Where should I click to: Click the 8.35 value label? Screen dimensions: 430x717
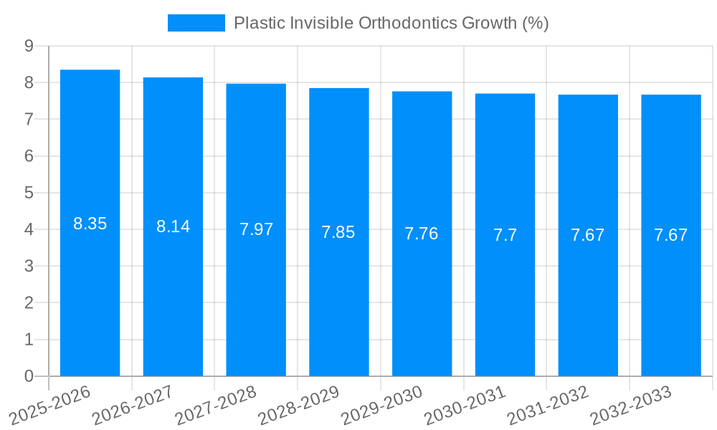(90, 224)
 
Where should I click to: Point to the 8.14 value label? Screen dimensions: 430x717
(173, 226)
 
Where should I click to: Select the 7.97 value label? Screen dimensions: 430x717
(256, 229)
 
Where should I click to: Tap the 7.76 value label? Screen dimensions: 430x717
(422, 234)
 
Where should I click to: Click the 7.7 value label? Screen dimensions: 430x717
(505, 234)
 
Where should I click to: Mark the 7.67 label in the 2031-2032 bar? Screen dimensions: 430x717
(588, 235)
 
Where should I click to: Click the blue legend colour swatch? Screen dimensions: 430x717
(196, 23)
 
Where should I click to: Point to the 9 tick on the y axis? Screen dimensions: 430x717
(29, 46)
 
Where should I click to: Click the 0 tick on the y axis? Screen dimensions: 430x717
(29, 376)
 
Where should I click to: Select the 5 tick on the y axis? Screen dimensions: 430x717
(29, 193)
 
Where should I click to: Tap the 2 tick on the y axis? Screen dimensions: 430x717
(29, 303)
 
